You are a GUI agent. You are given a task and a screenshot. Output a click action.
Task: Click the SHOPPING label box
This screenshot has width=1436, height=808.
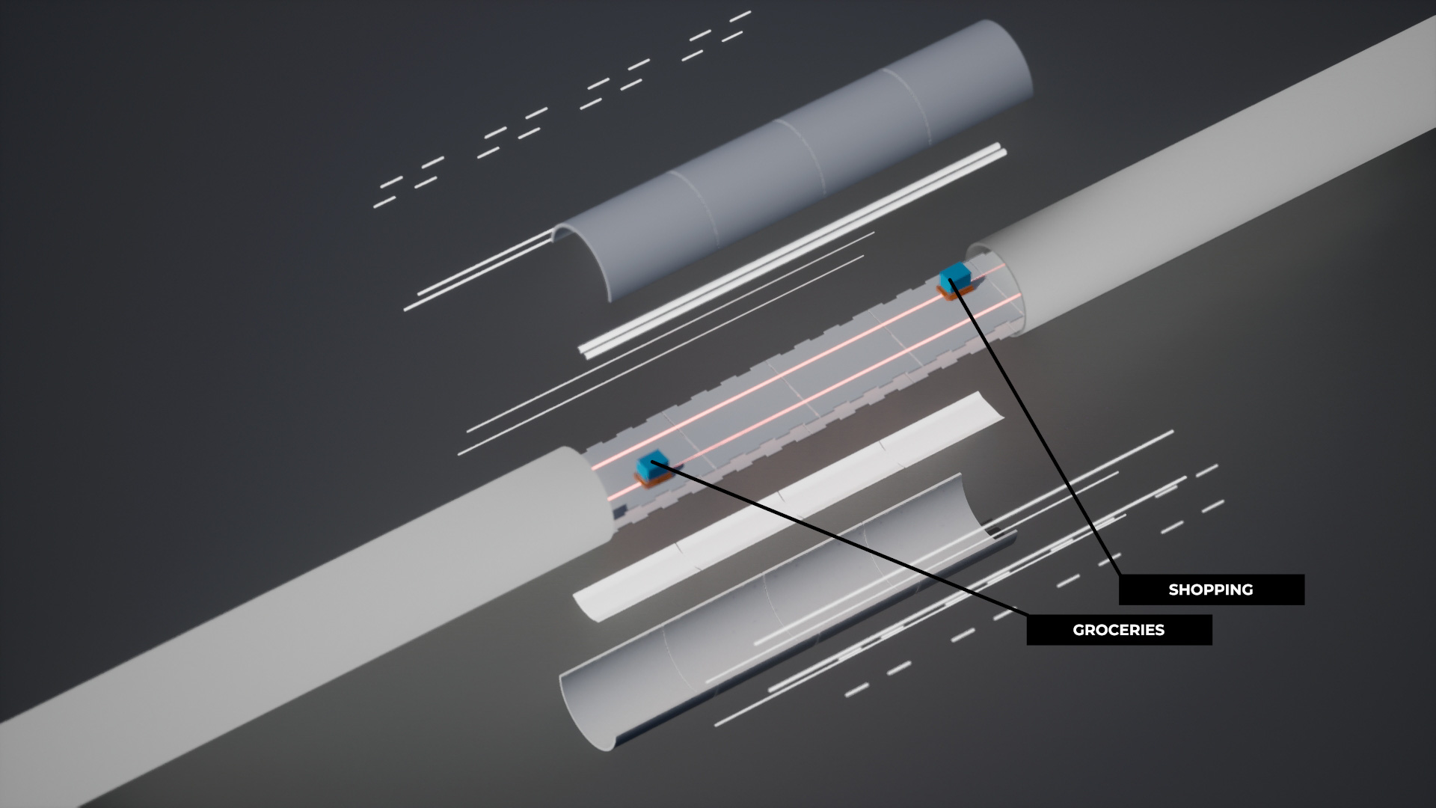(1211, 590)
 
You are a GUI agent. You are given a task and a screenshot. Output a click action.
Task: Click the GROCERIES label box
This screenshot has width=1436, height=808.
(1119, 630)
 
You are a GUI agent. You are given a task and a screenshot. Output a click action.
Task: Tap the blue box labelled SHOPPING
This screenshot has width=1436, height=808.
(954, 276)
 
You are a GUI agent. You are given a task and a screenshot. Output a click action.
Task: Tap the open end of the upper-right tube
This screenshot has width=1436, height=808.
(998, 284)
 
